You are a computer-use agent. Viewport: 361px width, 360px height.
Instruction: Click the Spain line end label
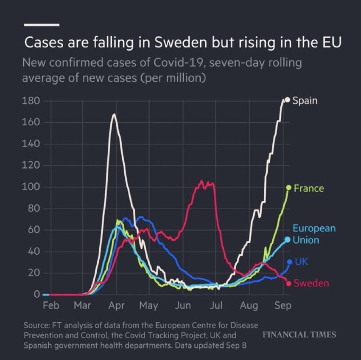[x=305, y=101]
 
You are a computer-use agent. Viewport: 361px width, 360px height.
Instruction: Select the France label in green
[x=308, y=188]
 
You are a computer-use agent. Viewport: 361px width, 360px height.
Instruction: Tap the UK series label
[x=301, y=262]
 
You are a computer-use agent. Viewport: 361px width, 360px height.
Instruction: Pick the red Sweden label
[x=311, y=283]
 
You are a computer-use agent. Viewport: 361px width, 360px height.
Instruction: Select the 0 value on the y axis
[x=37, y=294]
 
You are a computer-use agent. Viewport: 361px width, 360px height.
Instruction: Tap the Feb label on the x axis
[x=51, y=306]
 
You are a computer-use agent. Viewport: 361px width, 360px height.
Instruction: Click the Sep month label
[x=283, y=306]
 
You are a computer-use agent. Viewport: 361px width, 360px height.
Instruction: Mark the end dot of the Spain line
[x=287, y=100]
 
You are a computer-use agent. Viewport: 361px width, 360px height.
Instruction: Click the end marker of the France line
[x=288, y=188]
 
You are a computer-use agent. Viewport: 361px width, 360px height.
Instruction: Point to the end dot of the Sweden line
[x=288, y=284]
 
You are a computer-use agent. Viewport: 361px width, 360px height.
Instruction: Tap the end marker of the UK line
[x=290, y=262]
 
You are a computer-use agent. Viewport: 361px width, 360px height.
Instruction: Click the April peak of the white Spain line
[x=114, y=114]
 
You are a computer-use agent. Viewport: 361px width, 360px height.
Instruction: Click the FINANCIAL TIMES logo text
[x=299, y=335]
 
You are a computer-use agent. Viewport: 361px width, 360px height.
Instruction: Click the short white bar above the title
[x=42, y=24]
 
